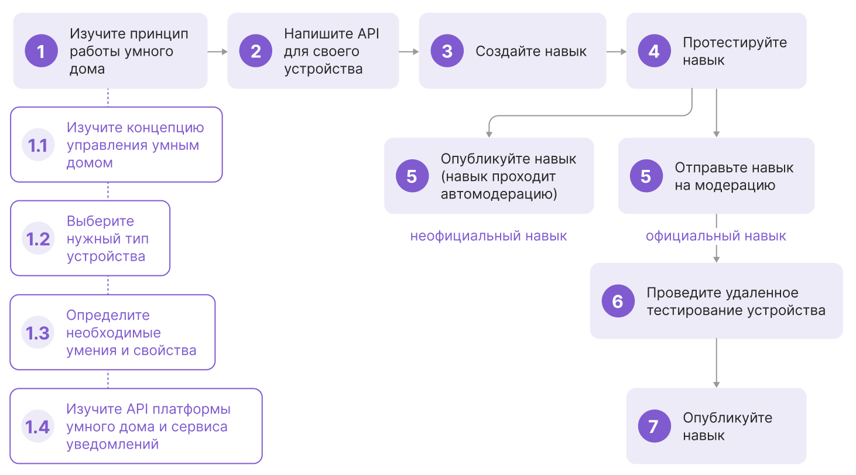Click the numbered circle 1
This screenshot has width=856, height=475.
coord(41,51)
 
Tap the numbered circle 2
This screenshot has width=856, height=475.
coord(256,51)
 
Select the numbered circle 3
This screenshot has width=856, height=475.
coord(447,51)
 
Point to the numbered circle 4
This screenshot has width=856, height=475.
coord(654,51)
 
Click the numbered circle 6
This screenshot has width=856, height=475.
coord(618,301)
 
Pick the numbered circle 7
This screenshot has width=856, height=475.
coord(654,426)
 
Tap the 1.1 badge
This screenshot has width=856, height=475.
coord(38,145)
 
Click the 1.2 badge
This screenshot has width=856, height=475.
coord(38,238)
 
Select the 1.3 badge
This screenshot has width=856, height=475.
coord(38,333)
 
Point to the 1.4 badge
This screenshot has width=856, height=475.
coord(38,426)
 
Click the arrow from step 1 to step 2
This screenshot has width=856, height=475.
coord(217,52)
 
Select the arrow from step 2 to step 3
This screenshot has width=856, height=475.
coord(409,52)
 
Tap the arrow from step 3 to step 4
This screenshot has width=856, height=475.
coord(616,52)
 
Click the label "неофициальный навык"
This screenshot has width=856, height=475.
coord(488,236)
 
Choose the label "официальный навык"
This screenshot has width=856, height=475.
coord(716,236)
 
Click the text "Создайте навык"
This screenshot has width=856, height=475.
coord(530,52)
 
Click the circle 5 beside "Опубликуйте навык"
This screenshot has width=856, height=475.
coord(412,176)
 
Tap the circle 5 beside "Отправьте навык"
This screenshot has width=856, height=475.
coord(646,176)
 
